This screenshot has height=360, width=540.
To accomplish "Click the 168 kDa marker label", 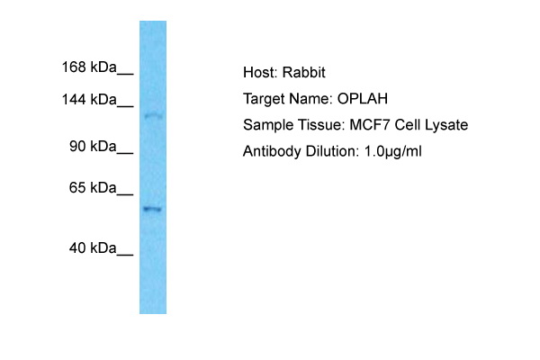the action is [89, 67].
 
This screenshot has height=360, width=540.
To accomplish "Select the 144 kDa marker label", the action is [89, 100].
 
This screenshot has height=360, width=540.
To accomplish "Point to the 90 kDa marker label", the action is [93, 147].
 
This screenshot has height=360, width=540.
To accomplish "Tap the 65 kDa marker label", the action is [93, 188].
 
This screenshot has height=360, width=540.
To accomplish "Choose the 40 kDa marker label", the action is [93, 248].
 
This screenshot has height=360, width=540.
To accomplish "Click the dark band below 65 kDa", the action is [152, 209].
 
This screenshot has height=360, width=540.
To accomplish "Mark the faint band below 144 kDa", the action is [153, 116].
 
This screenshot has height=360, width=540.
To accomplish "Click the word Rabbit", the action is [304, 72].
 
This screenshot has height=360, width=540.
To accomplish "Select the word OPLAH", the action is [363, 99].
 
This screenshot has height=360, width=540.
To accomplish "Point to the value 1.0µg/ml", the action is [392, 151].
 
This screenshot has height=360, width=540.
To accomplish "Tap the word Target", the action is [264, 99].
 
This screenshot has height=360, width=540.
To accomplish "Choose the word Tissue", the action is [321, 125].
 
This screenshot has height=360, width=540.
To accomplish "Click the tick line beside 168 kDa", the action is [125, 74].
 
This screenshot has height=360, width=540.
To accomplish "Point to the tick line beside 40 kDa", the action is [125, 255].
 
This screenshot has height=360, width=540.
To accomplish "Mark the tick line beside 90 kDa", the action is [125, 153].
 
